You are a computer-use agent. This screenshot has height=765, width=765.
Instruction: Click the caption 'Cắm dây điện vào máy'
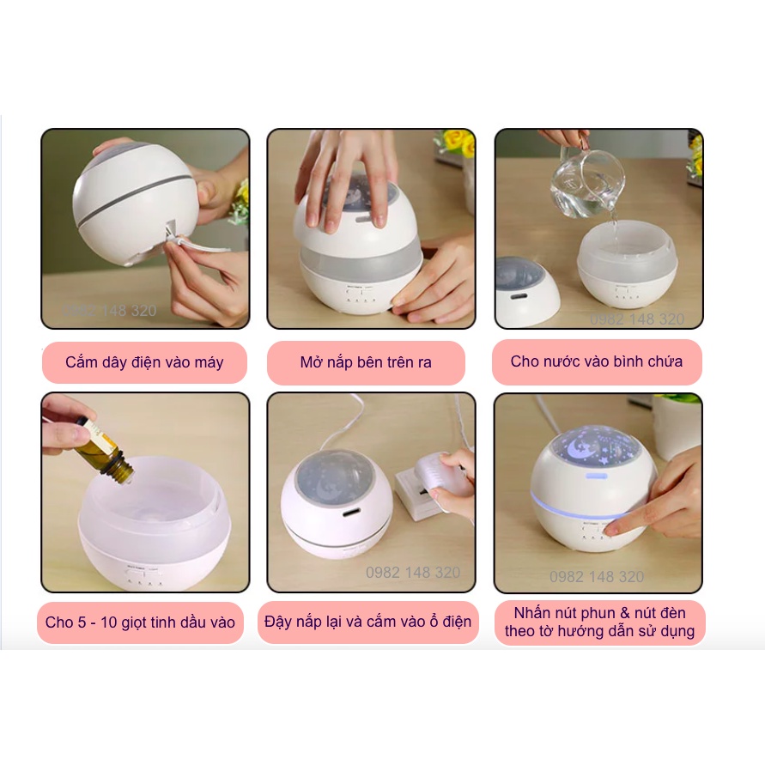click(144, 362)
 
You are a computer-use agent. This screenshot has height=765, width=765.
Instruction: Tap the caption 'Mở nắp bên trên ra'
click(366, 362)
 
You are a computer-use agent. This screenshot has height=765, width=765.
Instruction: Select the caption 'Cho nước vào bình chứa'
click(596, 361)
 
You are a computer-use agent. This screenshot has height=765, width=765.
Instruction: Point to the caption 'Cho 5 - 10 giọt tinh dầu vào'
click(140, 622)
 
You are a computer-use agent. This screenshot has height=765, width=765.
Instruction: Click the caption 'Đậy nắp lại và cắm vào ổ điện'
click(367, 622)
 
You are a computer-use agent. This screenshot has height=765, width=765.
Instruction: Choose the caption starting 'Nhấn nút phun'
click(599, 622)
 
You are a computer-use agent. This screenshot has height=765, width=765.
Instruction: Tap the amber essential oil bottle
click(104, 452)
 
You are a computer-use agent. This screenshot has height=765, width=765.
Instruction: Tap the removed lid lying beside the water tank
click(525, 291)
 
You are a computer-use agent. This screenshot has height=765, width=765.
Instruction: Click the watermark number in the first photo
click(110, 311)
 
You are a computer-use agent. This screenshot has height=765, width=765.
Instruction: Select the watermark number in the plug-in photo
click(413, 573)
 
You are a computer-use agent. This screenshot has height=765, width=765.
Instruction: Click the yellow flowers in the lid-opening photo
click(456, 142)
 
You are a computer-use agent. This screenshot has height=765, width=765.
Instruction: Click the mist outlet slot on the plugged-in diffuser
click(352, 513)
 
